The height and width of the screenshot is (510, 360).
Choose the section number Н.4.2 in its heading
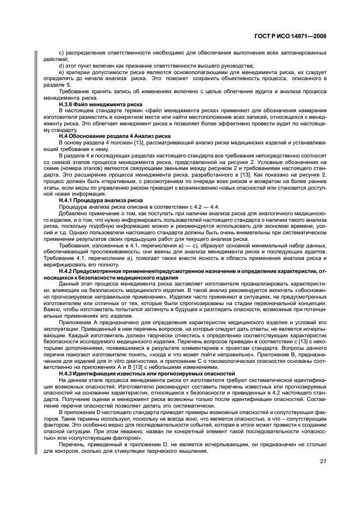pyautogui.click(x=68, y=270)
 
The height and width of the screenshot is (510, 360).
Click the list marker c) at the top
pyautogui.click(x=60, y=53)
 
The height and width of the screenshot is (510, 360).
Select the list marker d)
pyautogui.click(x=60, y=65)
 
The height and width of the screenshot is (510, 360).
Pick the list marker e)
pyautogui.click(x=60, y=72)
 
